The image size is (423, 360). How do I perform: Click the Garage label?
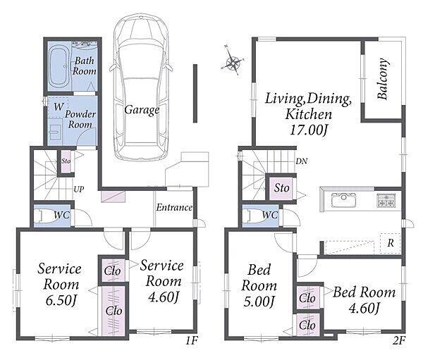tap(142, 111)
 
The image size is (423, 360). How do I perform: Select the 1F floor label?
tap(192, 341)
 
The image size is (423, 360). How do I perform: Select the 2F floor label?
tap(399, 341)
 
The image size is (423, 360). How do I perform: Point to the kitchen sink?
tap(344, 200)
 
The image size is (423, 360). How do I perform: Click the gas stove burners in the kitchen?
tap(386, 200)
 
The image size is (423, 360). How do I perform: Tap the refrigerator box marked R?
tap(391, 243)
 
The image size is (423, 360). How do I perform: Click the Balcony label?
tap(383, 79)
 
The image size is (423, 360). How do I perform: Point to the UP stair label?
tap(79, 190)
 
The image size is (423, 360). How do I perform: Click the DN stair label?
tap(302, 161)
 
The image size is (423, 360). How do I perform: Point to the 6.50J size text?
tap(61, 301)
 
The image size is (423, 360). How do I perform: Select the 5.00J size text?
tap(259, 302)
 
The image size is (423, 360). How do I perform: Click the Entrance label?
tap(174, 207)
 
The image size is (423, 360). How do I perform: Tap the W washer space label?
tap(59, 107)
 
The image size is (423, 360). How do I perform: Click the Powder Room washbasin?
tap(56, 132)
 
